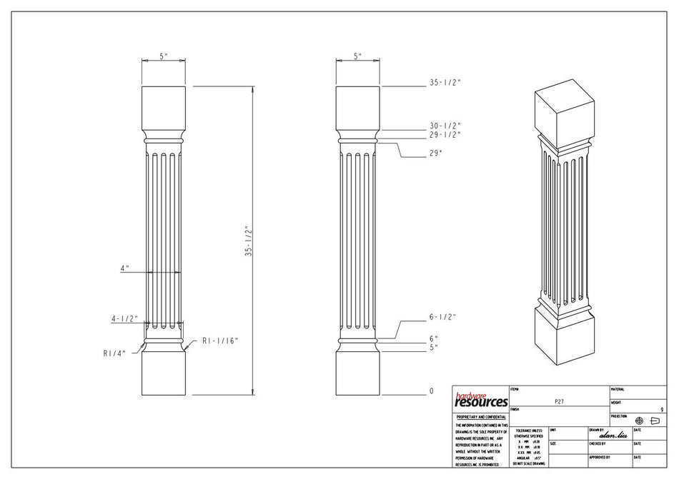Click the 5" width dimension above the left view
tap(164, 56)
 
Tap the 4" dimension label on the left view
tap(124, 268)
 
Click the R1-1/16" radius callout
tap(220, 340)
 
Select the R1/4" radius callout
tap(114, 353)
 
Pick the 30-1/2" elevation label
tap(445, 125)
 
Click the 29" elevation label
tap(436, 153)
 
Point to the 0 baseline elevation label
tap(431, 391)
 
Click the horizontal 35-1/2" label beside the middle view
tap(445, 82)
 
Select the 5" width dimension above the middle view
tap(357, 56)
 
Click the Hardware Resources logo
tap(480, 400)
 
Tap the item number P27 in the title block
tap(560, 402)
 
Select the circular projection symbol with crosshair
tap(639, 420)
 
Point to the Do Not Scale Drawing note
tap(528, 464)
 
